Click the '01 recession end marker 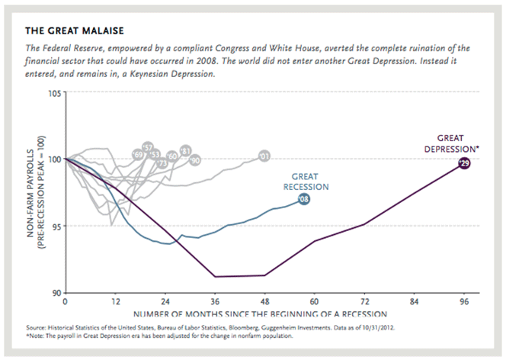point(264,156)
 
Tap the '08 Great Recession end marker point(303,200)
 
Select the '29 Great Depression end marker point(463,163)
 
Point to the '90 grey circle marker point(194,160)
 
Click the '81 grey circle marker point(184,150)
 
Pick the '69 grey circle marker point(139,155)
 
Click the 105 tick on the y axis point(54,93)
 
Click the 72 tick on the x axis point(363,301)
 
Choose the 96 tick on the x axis point(463,301)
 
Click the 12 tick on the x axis point(115,301)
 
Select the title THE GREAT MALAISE point(74,31)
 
